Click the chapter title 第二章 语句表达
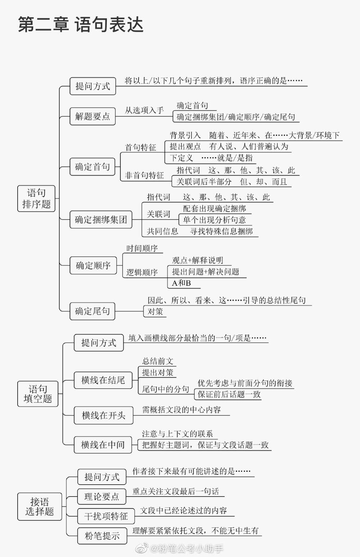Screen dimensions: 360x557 (81, 24)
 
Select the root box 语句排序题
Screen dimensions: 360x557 (36, 198)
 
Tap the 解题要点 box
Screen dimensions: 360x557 (93, 116)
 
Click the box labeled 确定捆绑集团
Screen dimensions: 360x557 (101, 219)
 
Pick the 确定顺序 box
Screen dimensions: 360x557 (93, 265)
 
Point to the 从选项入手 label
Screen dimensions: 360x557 (144, 110)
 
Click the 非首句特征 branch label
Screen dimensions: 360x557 (144, 175)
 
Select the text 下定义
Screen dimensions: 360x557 (181, 158)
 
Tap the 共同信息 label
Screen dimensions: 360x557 (162, 231)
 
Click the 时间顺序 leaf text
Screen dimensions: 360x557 (142, 248)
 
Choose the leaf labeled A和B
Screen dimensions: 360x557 (181, 283)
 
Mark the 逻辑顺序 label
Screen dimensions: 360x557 (142, 272)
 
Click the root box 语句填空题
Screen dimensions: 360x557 (38, 394)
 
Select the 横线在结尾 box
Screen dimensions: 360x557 (103, 380)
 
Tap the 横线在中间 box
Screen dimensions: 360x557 (103, 445)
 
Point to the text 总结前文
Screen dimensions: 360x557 (157, 361)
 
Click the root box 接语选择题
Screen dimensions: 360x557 (40, 507)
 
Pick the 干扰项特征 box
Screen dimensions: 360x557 (106, 516)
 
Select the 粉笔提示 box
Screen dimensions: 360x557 (102, 536)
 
